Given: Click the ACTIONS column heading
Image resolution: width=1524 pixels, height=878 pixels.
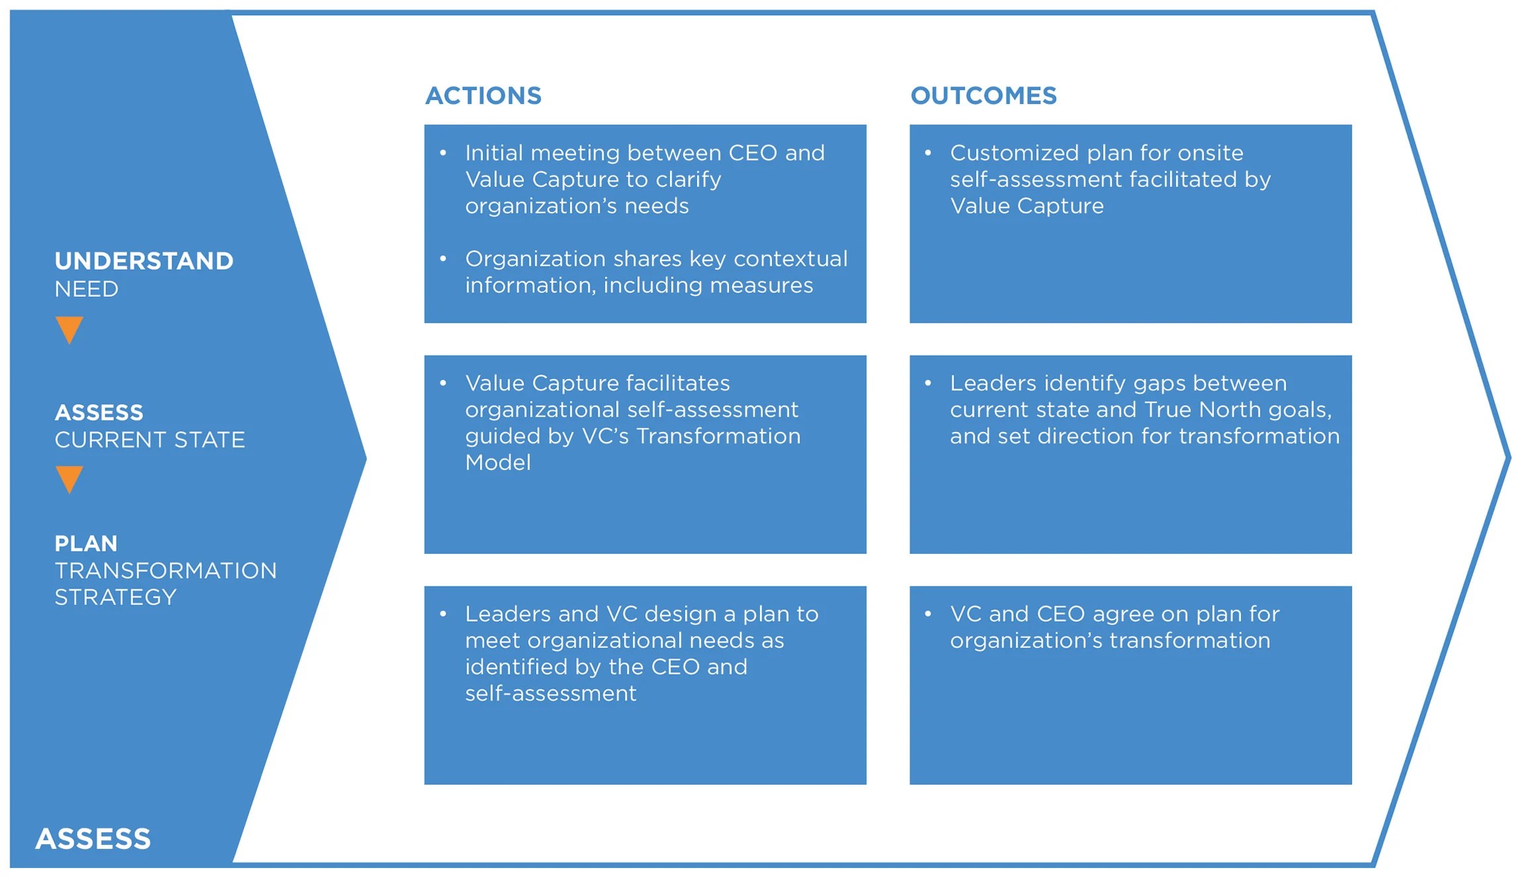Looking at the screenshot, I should [483, 96].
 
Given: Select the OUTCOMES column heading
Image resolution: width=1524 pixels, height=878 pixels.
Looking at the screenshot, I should [983, 96].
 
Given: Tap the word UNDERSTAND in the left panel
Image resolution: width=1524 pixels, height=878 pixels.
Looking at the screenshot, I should [144, 261].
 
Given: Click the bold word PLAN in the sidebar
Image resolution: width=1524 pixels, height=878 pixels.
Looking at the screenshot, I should [86, 543].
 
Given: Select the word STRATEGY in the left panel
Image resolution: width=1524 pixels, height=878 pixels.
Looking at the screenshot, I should [115, 598].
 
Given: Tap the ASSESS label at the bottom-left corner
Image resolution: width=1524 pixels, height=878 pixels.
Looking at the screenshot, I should [93, 839].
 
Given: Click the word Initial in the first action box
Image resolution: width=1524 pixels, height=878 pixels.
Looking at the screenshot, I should [494, 153].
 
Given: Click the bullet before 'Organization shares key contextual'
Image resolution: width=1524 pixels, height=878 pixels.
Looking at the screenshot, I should [443, 258].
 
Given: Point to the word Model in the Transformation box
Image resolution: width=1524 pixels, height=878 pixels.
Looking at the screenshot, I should [498, 463].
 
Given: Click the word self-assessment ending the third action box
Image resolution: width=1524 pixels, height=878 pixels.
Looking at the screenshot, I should [551, 693].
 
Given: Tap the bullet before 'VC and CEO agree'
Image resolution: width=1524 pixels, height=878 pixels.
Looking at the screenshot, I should [928, 614].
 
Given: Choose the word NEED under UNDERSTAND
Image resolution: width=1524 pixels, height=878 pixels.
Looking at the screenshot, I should [86, 290].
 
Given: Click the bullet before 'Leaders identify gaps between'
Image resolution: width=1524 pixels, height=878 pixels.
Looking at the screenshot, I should [928, 383].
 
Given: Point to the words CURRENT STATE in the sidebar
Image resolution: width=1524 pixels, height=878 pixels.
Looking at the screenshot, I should [150, 440].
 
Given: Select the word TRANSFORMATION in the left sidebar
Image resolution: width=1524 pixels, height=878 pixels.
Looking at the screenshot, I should [166, 571].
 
